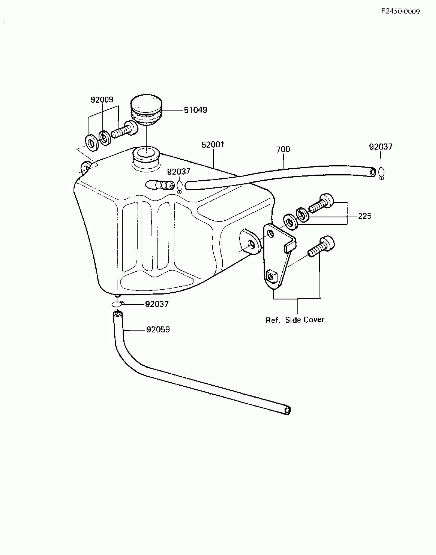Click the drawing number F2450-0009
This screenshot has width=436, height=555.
[400, 12]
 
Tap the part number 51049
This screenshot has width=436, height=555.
[195, 110]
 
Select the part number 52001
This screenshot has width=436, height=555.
[213, 145]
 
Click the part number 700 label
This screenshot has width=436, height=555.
[283, 149]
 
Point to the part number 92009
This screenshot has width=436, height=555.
[102, 100]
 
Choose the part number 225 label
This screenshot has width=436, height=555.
[364, 216]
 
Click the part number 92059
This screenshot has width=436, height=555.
[158, 330]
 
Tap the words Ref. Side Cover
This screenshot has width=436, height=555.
[295, 320]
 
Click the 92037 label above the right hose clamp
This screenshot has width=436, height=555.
[381, 147]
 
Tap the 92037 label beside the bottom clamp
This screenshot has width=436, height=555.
[157, 304]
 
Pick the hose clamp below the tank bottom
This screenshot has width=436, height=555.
[117, 304]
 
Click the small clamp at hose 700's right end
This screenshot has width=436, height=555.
[381, 173]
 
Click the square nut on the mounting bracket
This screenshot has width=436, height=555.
[272, 276]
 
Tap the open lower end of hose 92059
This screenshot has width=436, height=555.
[287, 410]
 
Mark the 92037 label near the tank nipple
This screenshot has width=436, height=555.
[179, 172]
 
